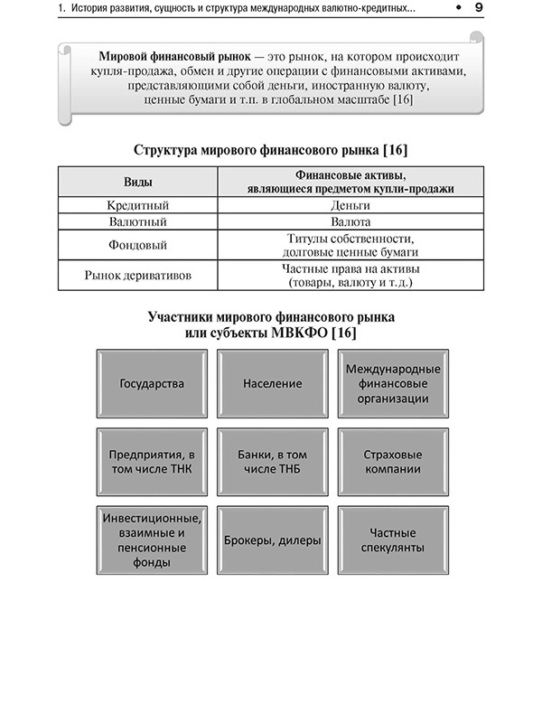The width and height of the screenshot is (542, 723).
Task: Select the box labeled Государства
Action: pos(152,383)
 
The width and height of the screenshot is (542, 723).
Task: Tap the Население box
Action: pos(272,383)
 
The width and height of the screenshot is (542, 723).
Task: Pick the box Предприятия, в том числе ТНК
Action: pos(152,462)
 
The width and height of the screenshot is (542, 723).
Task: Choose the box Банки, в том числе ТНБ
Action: pos(272,462)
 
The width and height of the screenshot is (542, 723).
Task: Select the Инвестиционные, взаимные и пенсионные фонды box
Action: pos(152,540)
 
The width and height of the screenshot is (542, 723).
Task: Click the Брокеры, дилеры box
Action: pos(272,540)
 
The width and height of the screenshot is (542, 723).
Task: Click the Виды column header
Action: pos(138,182)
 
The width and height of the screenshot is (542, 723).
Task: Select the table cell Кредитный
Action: pos(138,205)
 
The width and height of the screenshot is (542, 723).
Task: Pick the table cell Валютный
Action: pos(138,221)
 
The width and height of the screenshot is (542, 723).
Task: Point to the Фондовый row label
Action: pos(138,245)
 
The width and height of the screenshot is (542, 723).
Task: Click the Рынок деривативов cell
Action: pos(138,276)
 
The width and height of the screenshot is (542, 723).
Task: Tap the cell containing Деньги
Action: pos(350,205)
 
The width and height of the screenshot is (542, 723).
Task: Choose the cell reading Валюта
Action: pos(350,221)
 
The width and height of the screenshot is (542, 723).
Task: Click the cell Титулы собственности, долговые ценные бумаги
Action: pos(350,245)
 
